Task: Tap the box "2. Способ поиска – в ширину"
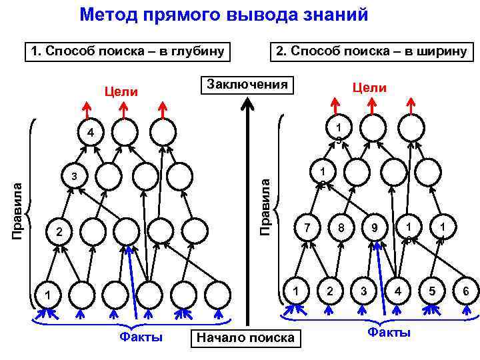(369, 51)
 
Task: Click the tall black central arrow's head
(247, 103)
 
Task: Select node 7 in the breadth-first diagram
(307, 228)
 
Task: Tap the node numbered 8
(341, 228)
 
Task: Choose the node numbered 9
(375, 228)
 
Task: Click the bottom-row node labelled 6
(465, 291)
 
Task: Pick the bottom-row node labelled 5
(433, 291)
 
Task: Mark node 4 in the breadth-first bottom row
(398, 291)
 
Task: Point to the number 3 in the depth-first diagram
(75, 177)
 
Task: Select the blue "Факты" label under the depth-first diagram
(141, 337)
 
